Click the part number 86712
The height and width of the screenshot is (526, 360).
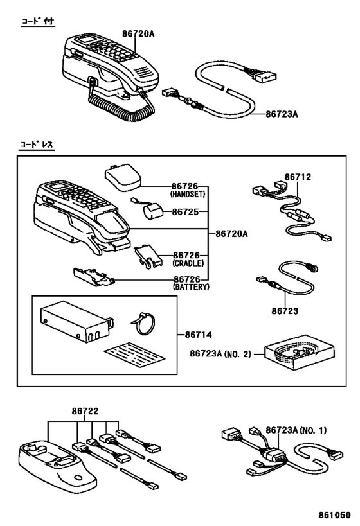pyautogui.click(x=298, y=177)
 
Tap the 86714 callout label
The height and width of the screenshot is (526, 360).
pyautogui.click(x=199, y=335)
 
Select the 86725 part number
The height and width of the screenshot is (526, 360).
pyautogui.click(x=185, y=212)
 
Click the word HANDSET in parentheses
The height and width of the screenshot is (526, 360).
pyautogui.click(x=188, y=194)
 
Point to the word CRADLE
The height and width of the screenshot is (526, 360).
pyautogui.click(x=188, y=263)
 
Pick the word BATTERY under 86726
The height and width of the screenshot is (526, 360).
pyautogui.click(x=191, y=287)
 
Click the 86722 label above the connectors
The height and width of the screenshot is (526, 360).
pyautogui.click(x=85, y=411)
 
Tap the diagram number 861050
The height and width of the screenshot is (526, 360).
pyautogui.click(x=334, y=515)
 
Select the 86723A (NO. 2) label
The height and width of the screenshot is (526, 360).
pyautogui.click(x=221, y=354)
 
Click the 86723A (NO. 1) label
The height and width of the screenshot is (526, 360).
pyautogui.click(x=296, y=430)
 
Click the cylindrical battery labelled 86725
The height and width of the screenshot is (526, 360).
pyautogui.click(x=151, y=211)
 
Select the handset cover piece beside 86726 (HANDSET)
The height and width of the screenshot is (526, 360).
pyautogui.click(x=122, y=177)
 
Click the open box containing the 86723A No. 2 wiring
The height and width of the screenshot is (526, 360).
pyautogui.click(x=299, y=352)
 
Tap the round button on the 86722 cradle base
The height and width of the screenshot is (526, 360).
pyautogui.click(x=78, y=478)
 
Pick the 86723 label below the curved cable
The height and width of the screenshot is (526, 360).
pyautogui.click(x=285, y=311)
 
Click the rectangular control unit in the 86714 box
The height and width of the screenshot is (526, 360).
pyautogui.click(x=76, y=322)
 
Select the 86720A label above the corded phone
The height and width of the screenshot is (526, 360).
pyautogui.click(x=138, y=33)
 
